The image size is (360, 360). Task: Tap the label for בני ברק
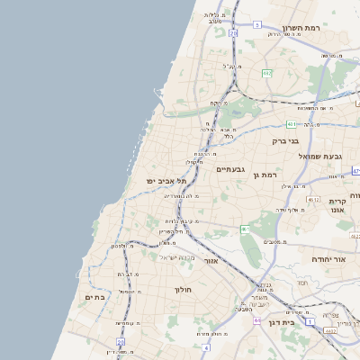click(288, 140)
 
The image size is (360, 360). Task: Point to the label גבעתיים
click(231, 168)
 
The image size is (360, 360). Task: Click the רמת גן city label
click(267, 175)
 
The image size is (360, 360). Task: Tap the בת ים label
click(94, 296)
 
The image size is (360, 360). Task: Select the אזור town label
click(212, 262)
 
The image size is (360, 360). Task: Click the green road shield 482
click(267, 73)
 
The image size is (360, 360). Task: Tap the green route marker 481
click(292, 124)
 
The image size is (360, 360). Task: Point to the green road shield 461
click(244, 229)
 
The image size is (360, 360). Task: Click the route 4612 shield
click(312, 199)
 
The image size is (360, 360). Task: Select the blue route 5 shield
click(256, 24)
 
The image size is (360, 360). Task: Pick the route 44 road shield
click(256, 319)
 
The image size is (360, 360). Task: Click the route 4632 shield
click(330, 330)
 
